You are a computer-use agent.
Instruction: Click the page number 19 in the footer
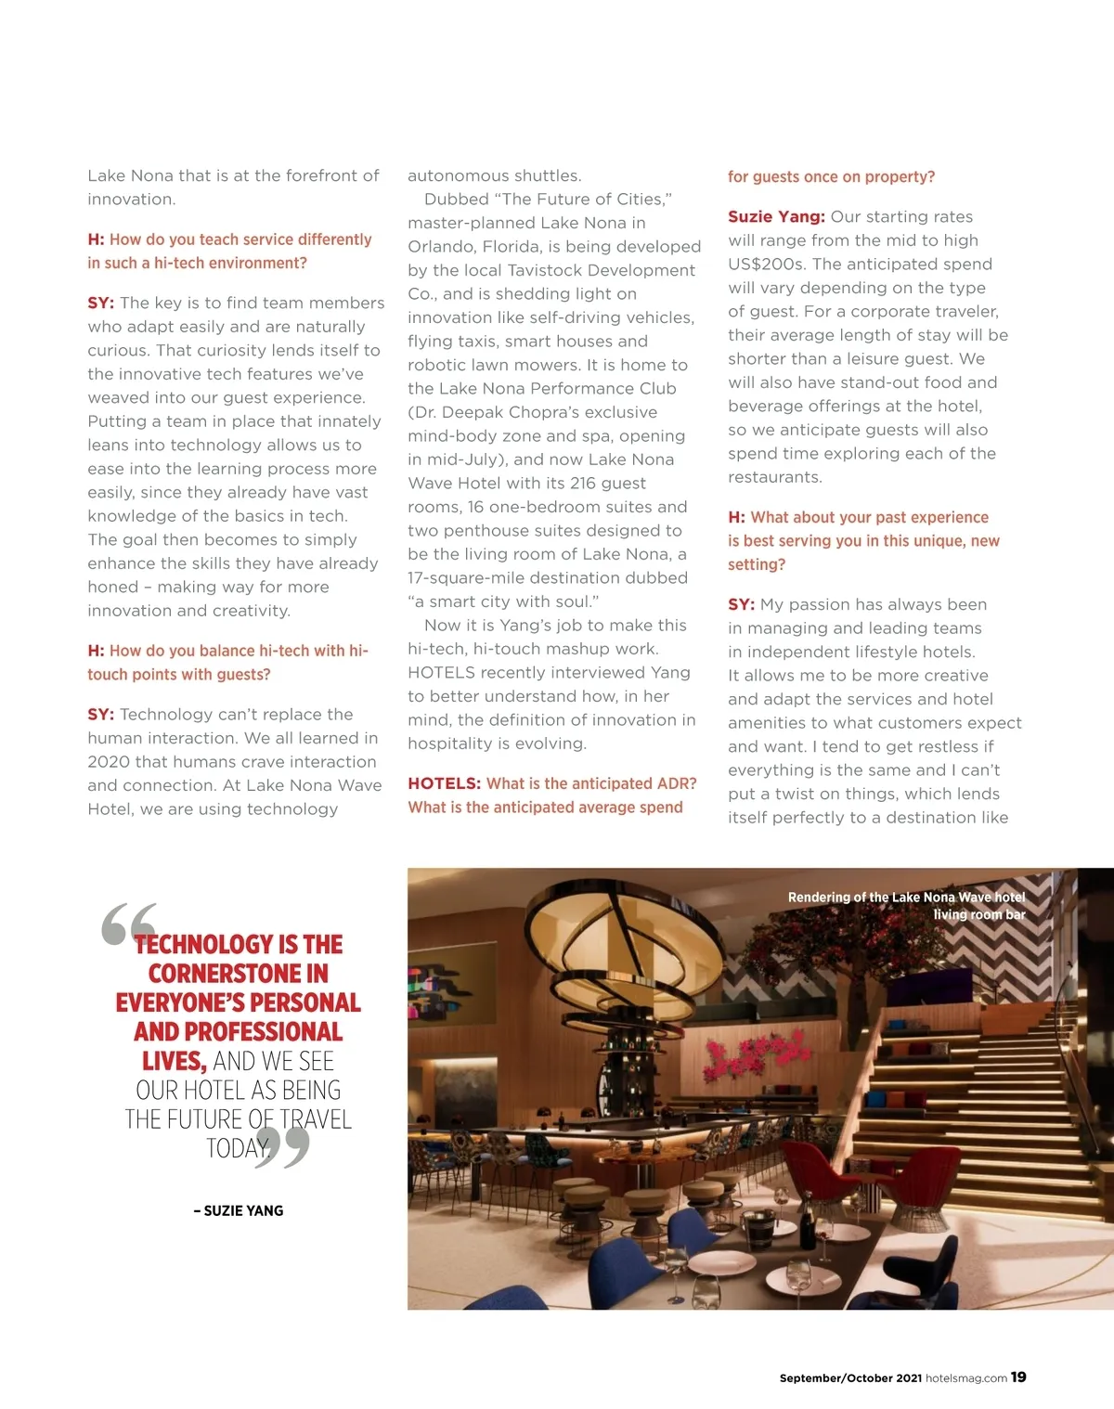pyautogui.click(x=1018, y=1377)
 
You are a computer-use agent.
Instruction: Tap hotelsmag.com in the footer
pyautogui.click(x=966, y=1378)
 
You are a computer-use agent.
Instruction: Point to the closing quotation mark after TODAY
pyautogui.click(x=282, y=1148)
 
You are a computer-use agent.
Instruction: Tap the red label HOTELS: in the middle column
pyautogui.click(x=444, y=783)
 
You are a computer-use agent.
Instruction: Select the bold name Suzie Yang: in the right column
pyautogui.click(x=776, y=216)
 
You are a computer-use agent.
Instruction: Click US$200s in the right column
pyautogui.click(x=765, y=264)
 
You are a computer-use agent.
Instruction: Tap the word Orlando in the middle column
pyautogui.click(x=438, y=246)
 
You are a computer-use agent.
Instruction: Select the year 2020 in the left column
pyautogui.click(x=110, y=761)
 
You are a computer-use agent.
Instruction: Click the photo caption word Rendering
pyautogui.click(x=819, y=897)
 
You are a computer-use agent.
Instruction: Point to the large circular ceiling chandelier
pyautogui.click(x=576, y=928)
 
